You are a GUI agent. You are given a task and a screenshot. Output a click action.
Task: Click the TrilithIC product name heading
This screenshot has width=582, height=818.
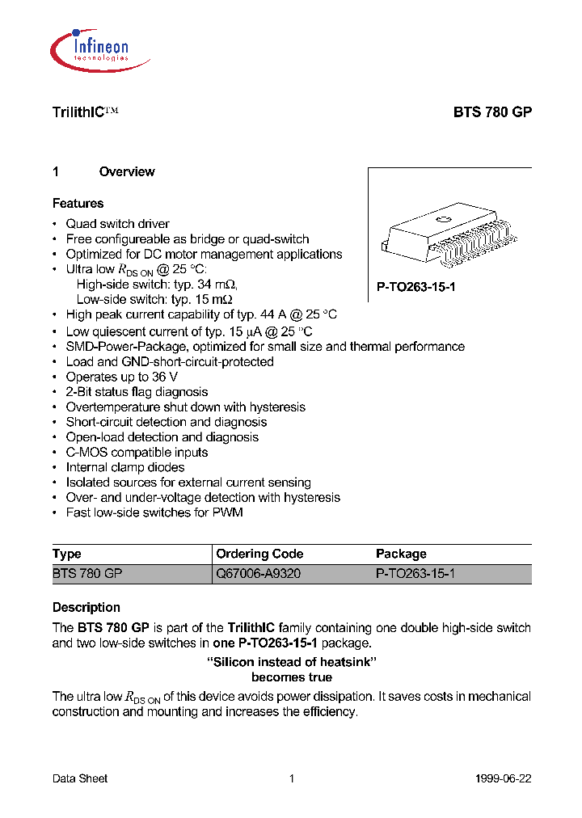tap(85, 114)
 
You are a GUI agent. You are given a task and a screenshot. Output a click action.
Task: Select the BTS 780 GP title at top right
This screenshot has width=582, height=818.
tap(491, 114)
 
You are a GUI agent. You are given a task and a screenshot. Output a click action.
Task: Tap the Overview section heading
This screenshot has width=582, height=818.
tap(126, 171)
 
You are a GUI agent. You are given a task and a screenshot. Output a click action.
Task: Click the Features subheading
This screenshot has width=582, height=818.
tap(78, 204)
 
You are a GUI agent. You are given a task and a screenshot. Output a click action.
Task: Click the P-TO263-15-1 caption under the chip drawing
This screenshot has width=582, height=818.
tap(416, 287)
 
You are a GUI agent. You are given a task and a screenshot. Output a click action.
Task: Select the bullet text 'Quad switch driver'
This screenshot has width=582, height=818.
tap(117, 224)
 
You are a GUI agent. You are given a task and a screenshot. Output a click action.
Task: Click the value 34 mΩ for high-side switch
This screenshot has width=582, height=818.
tap(220, 285)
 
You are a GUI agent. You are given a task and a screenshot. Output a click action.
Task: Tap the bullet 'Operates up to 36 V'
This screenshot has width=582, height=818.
tap(121, 377)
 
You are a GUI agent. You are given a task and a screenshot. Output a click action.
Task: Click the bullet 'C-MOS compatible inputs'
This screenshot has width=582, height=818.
tap(137, 453)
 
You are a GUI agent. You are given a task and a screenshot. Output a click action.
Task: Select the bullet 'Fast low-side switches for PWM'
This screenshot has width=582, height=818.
tap(154, 512)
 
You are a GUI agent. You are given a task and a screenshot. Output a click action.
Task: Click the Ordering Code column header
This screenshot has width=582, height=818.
tap(259, 554)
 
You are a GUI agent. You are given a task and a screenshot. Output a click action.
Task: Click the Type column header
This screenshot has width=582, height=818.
tap(67, 554)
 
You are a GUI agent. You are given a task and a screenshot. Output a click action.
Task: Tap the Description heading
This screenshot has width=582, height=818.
tap(86, 608)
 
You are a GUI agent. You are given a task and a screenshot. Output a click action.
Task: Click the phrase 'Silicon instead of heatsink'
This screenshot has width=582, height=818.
tap(292, 662)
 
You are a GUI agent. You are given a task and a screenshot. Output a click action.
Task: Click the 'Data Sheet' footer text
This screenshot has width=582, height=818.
tap(80, 778)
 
